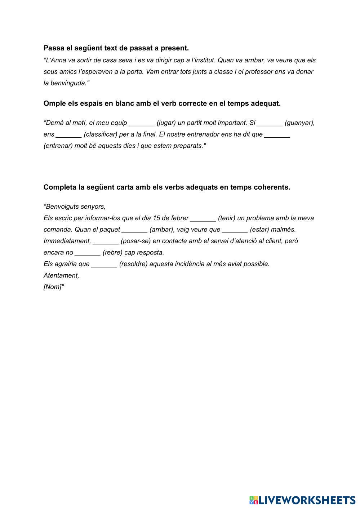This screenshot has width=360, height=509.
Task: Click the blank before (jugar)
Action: [141, 123]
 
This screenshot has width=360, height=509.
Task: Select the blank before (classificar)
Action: [69, 135]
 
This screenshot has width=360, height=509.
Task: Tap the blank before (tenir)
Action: [203, 218]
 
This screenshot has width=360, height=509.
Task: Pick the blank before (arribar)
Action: [134, 230]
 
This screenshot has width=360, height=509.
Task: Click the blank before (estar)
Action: [235, 230]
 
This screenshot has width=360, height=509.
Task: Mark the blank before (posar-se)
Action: [106, 242]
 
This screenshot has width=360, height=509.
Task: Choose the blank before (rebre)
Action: [87, 253]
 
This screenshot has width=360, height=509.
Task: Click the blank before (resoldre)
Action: [104, 264]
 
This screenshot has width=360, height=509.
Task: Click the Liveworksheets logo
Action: [302, 500]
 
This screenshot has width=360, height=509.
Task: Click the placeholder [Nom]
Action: [53, 287]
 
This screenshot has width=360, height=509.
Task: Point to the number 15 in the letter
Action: [156, 218]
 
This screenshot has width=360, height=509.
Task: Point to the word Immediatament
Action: [67, 241]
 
